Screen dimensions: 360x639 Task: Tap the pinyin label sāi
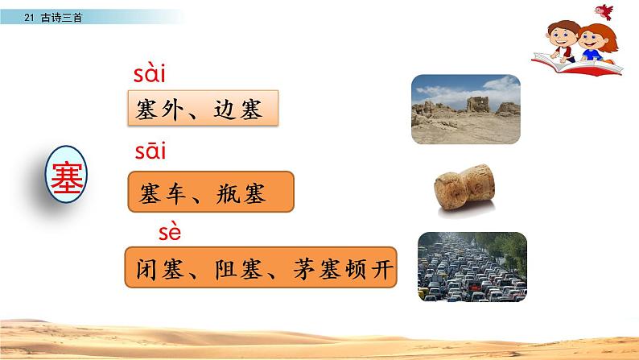[x=148, y=151]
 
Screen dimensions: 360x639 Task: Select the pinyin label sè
[x=171, y=234]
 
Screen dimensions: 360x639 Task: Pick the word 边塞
[x=241, y=109]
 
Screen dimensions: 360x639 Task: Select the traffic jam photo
[x=472, y=266]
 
